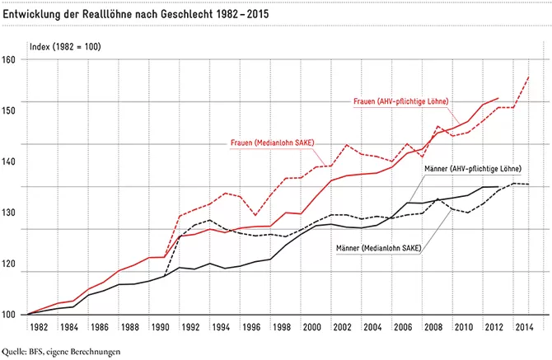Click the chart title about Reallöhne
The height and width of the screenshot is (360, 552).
(136, 14)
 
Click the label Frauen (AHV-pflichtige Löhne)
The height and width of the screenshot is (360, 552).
(401, 101)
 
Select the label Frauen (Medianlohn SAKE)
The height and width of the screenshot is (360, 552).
(272, 143)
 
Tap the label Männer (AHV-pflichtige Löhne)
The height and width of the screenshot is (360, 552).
(473, 169)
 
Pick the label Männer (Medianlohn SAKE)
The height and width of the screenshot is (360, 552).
(379, 248)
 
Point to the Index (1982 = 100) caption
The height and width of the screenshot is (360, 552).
(65, 47)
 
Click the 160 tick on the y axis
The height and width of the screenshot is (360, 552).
(8, 59)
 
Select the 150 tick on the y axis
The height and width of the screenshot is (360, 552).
(8, 110)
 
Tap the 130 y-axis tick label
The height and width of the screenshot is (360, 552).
(8, 213)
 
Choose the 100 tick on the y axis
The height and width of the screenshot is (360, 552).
(8, 315)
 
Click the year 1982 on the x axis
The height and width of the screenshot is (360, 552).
(39, 327)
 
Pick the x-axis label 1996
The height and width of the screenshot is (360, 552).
(251, 327)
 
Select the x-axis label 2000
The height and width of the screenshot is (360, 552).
(312, 327)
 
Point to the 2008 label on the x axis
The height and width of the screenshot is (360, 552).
(433, 327)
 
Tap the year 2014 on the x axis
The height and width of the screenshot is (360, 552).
(524, 327)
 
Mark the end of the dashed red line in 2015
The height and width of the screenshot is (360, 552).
(529, 77)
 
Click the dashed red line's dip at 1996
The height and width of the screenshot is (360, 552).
(255, 215)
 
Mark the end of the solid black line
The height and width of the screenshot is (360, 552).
(498, 187)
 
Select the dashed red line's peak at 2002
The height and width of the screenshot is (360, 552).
(346, 145)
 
